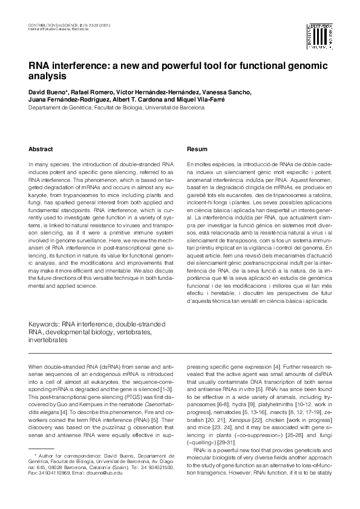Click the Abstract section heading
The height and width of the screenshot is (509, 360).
pyautogui.click(x=41, y=149)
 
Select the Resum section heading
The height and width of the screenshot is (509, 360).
pyautogui.click(x=197, y=149)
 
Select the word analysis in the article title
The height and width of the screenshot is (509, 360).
pyautogui.click(x=46, y=77)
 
